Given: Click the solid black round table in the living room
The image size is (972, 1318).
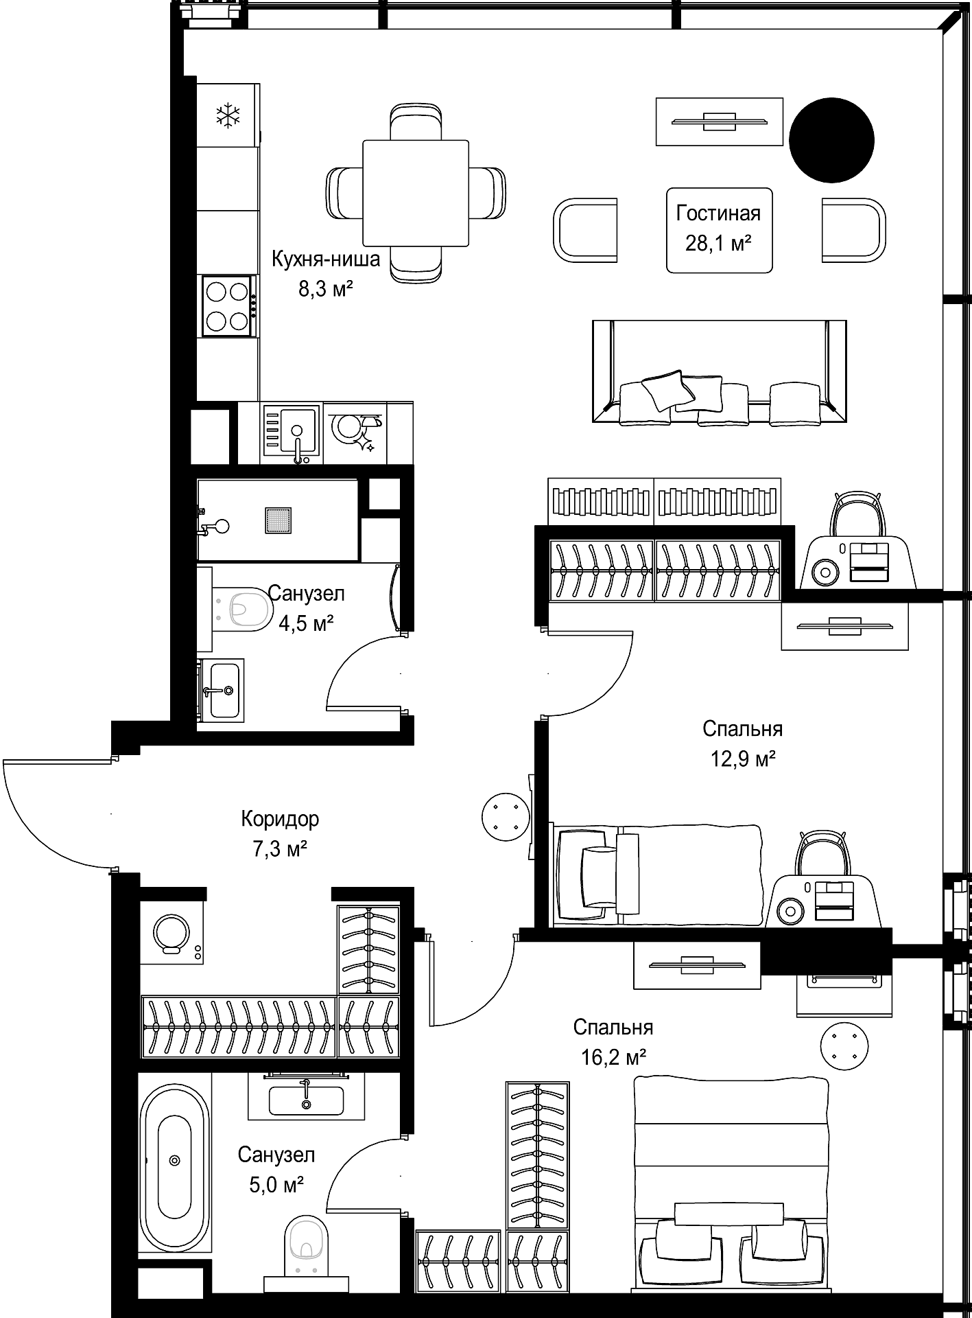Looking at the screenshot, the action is tap(831, 140).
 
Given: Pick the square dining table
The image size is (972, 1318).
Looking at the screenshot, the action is tap(416, 193).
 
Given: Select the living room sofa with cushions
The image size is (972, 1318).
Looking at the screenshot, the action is tap(719, 371).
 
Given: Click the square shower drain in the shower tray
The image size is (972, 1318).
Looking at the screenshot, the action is tap(278, 519).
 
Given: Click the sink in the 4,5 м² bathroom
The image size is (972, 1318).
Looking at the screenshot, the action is tap(223, 689).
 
